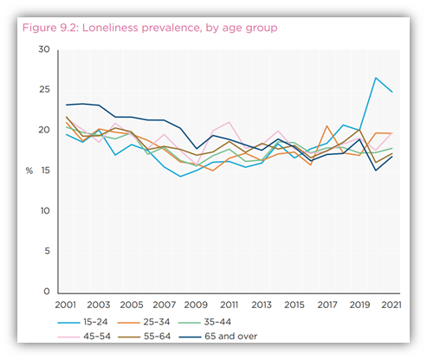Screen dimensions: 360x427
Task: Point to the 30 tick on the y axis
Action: (44, 49)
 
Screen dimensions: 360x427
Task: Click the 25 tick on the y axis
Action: (44, 90)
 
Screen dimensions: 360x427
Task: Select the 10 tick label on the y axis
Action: (44, 211)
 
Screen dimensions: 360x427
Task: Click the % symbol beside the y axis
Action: (29, 170)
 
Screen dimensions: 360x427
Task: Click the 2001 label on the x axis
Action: (66, 305)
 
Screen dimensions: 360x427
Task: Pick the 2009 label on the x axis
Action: (196, 305)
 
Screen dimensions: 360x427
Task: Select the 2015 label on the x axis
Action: (294, 305)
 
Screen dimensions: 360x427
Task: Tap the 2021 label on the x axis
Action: (391, 305)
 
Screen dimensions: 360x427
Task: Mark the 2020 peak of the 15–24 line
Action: (376, 78)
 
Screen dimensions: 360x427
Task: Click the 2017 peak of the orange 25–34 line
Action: (327, 126)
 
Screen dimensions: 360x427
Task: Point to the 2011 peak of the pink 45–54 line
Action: (229, 122)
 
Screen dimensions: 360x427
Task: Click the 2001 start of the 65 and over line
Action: (67, 105)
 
